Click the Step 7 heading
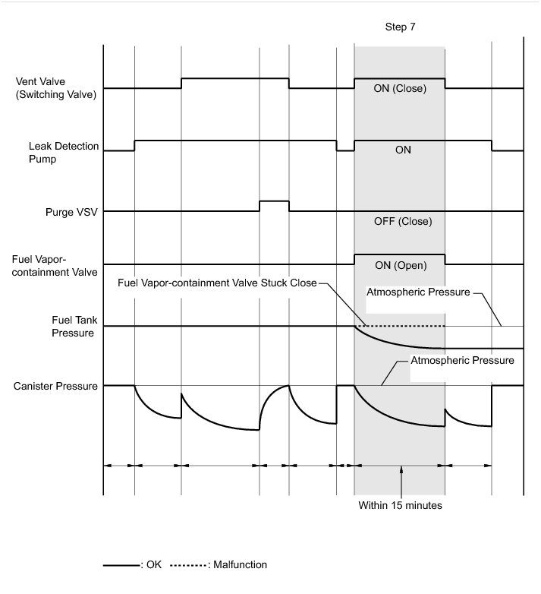pyautogui.click(x=400, y=27)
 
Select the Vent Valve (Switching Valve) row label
pyautogui.click(x=55, y=88)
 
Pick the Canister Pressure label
pyautogui.click(x=55, y=386)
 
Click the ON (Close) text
pyautogui.click(x=400, y=88)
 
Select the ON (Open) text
pyautogui.click(x=400, y=266)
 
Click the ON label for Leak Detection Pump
pyautogui.click(x=403, y=150)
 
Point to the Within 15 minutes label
pyautogui.click(x=399, y=504)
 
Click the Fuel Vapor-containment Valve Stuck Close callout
pyautogui.click(x=218, y=283)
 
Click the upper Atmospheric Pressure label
pyautogui.click(x=419, y=292)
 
